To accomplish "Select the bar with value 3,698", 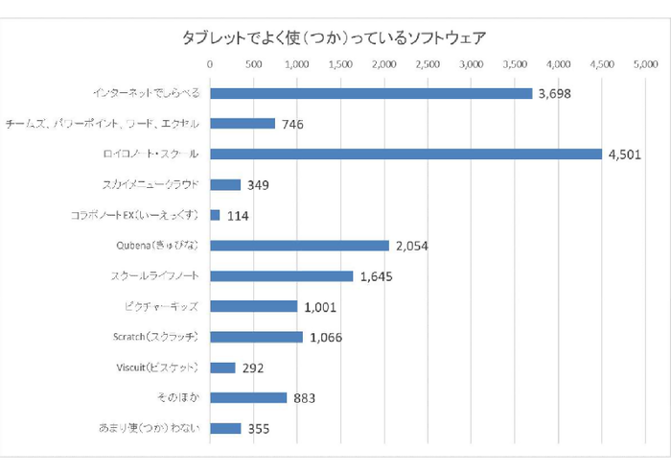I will [371, 93].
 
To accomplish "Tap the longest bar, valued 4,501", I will [406, 154].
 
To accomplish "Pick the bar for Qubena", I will [299, 246].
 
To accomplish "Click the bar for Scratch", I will [256, 337].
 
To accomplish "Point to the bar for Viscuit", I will [222, 368].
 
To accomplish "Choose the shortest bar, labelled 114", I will [215, 215].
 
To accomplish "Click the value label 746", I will [293, 124].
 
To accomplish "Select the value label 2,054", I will [410, 247].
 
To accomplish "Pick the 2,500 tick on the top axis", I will [428, 65].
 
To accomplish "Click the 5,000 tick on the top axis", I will [645, 65].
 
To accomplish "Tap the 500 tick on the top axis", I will [253, 65].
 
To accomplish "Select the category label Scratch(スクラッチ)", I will [155, 337].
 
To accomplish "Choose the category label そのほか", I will [178, 398].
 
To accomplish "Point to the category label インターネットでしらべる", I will [146, 93].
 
